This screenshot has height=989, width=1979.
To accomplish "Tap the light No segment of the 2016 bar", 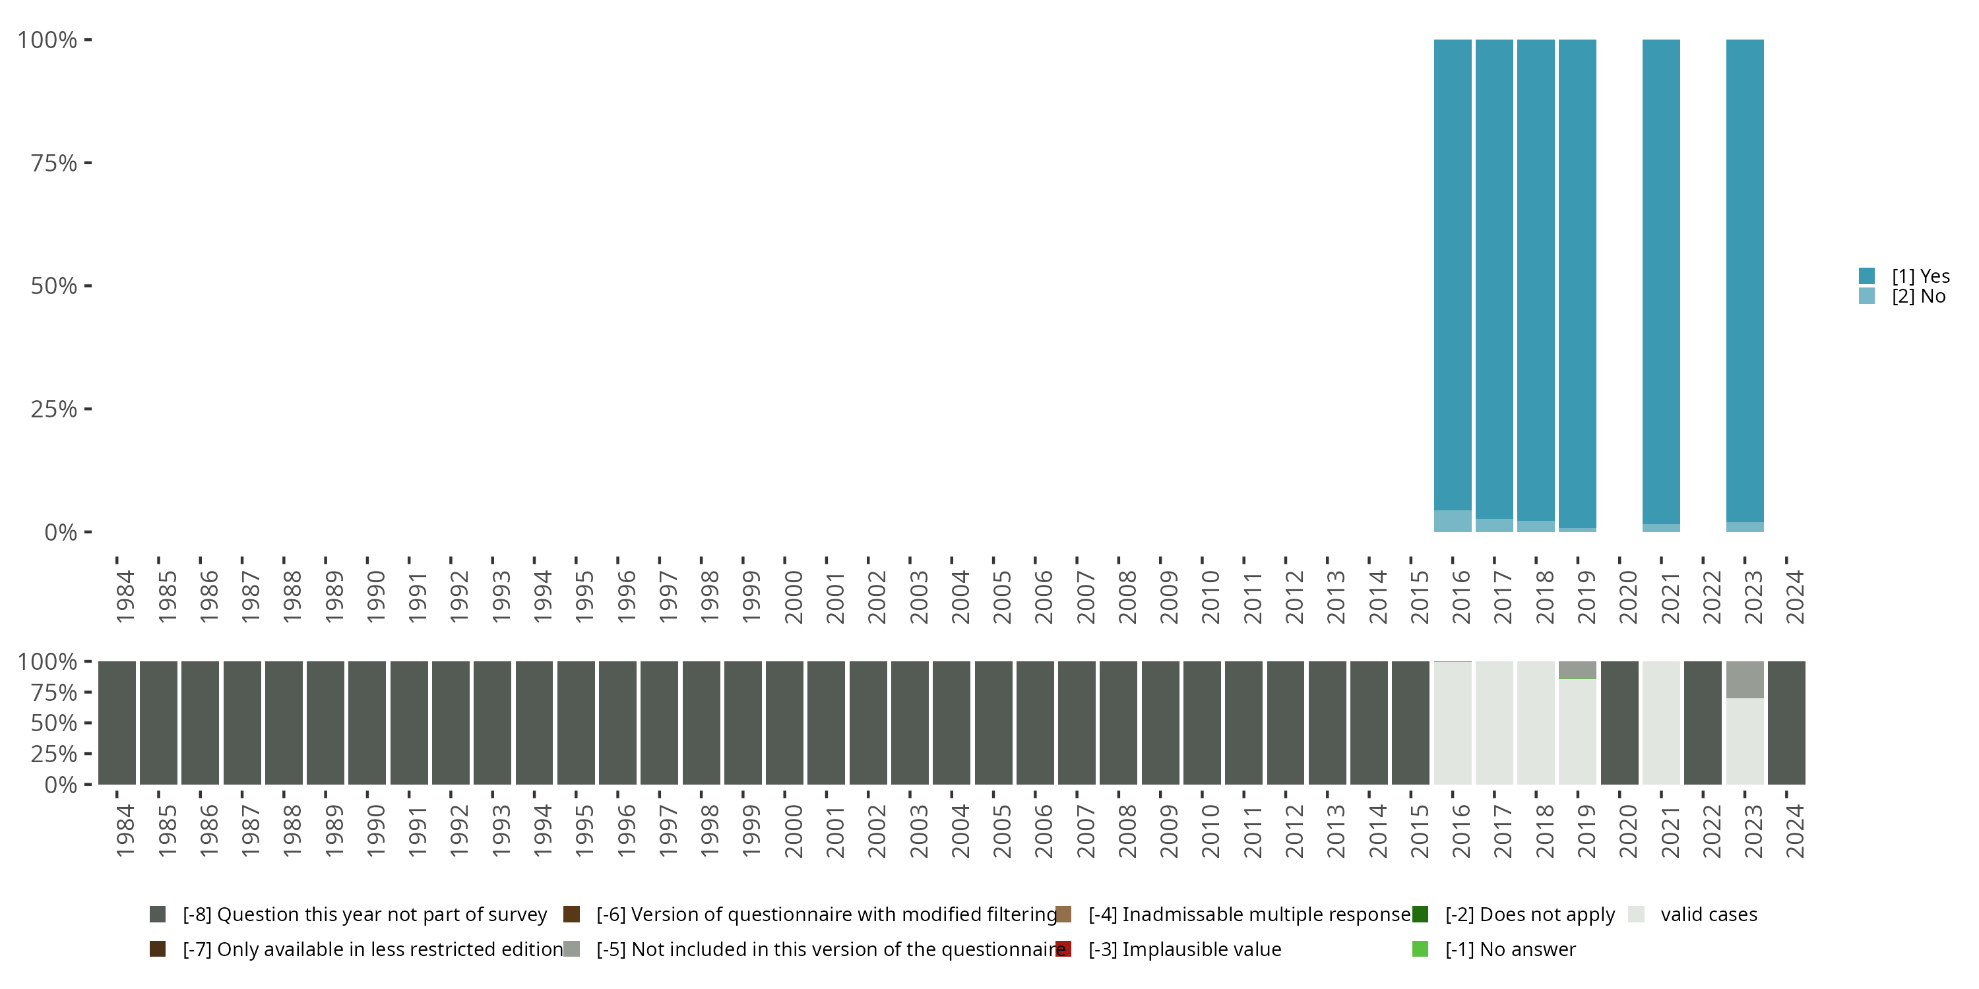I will (x=1452, y=521).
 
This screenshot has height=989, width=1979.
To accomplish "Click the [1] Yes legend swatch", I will (x=1867, y=276).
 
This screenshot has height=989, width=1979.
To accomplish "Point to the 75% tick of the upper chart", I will (x=88, y=163).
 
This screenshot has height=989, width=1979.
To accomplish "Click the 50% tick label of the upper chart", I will (x=54, y=286).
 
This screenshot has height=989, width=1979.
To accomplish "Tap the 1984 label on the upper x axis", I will (x=125, y=597).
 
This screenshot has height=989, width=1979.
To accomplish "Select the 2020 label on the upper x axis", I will (x=1628, y=597).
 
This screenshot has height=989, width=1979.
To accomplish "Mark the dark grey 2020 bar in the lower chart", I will (x=1619, y=723).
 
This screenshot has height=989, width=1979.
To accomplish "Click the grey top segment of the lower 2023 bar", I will (x=1745, y=680).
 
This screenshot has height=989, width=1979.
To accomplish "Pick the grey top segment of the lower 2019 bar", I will (x=1577, y=670).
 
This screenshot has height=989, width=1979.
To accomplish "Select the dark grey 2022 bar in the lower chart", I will (x=1703, y=723).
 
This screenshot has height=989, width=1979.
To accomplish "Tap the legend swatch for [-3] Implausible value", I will (x=1063, y=949).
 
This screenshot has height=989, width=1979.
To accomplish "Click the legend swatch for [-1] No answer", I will (x=1420, y=949).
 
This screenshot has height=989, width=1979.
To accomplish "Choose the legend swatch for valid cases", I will (x=1637, y=914).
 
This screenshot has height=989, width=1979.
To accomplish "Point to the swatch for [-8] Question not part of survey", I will (x=158, y=914).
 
